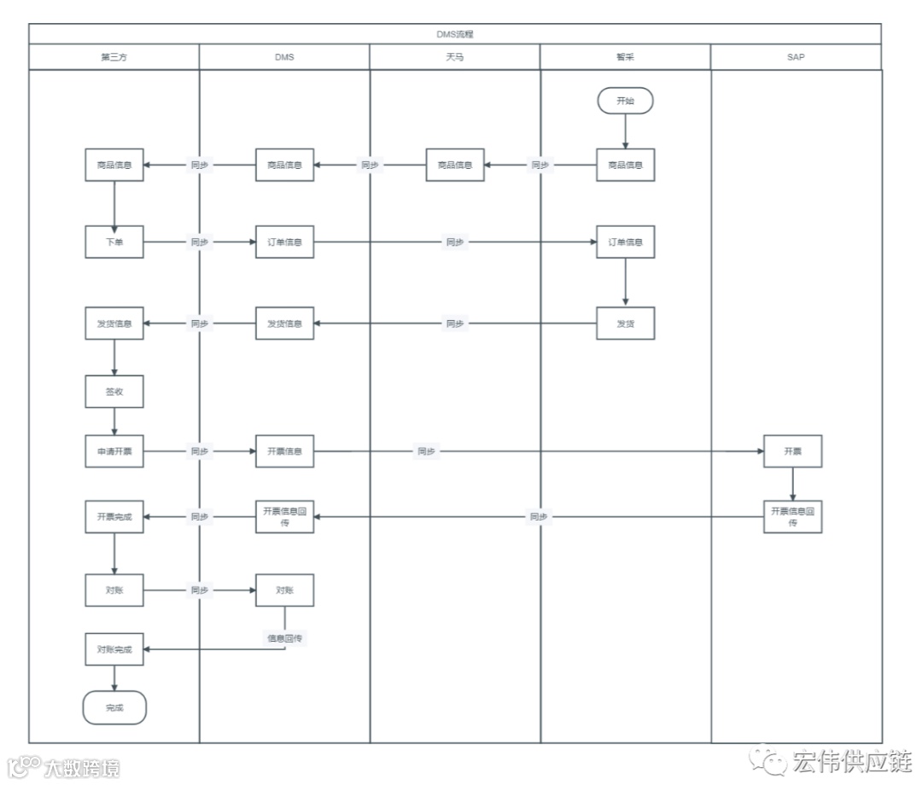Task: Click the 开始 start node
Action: (x=625, y=101)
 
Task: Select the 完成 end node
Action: (x=114, y=707)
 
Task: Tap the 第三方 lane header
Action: (x=114, y=57)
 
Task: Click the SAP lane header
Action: (x=796, y=57)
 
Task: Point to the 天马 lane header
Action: (x=455, y=57)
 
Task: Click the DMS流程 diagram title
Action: (x=455, y=35)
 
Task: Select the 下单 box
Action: (x=114, y=242)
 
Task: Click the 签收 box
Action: (x=114, y=391)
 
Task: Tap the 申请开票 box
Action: (x=114, y=451)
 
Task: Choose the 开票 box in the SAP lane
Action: (x=792, y=451)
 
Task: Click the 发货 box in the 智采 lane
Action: (x=625, y=323)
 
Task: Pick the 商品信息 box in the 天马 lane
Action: (x=455, y=165)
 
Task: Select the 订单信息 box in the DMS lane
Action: (x=285, y=242)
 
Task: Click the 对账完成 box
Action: (x=114, y=649)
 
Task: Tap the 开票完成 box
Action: (x=114, y=517)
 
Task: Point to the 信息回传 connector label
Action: (x=285, y=637)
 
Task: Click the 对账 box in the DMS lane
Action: (x=285, y=590)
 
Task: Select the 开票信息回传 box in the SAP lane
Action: (x=792, y=517)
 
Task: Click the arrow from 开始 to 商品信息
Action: (x=625, y=131)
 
